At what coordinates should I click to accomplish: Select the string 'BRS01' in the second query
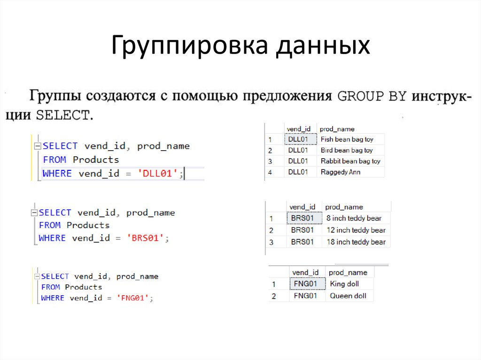coord(146,238)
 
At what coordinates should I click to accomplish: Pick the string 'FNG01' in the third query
coord(133,298)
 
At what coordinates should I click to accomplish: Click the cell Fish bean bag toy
coord(346,139)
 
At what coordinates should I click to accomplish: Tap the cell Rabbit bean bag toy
coord(350,161)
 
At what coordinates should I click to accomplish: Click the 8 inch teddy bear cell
coord(354,218)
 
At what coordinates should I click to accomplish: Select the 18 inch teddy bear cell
coord(356,242)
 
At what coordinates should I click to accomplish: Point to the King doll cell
coord(344,284)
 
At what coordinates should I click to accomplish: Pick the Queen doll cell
coord(348,296)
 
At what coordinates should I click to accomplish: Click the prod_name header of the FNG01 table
coord(348,272)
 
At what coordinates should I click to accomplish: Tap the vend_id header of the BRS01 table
coord(303,207)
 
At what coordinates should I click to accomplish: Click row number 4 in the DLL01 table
coord(270,172)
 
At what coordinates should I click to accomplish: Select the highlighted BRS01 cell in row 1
coord(303,218)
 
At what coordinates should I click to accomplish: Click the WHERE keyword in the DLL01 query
coord(57,174)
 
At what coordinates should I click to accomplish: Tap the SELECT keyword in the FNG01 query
coord(55,276)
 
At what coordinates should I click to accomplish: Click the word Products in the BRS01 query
coord(88,225)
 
